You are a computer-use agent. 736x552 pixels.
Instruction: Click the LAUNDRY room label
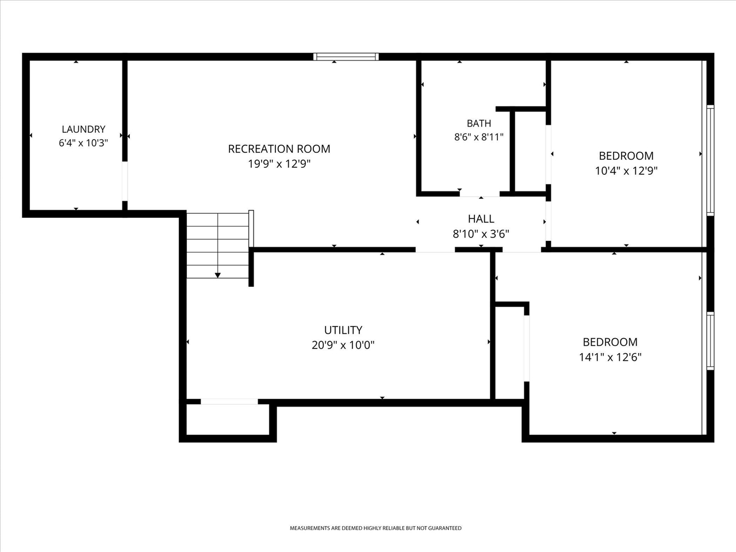pyautogui.click(x=83, y=129)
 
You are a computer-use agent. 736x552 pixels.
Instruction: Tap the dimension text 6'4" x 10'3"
pyautogui.click(x=83, y=143)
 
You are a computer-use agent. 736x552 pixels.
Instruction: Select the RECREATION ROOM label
pyautogui.click(x=279, y=149)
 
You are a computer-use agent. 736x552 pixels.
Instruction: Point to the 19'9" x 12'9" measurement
pyautogui.click(x=279, y=164)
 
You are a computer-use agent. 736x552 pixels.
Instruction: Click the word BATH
pyautogui.click(x=479, y=123)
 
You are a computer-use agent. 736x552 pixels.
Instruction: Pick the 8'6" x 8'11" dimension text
pyautogui.click(x=479, y=137)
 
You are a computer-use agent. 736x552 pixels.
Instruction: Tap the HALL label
pyautogui.click(x=481, y=219)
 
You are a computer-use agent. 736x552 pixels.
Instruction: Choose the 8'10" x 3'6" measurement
pyautogui.click(x=481, y=233)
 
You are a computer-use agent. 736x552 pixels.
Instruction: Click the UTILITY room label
pyautogui.click(x=343, y=330)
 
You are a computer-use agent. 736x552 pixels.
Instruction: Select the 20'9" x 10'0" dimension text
pyautogui.click(x=343, y=345)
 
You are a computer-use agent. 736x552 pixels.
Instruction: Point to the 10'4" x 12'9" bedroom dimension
pyautogui.click(x=626, y=171)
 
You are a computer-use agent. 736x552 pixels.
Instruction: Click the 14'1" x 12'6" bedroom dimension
pyautogui.click(x=610, y=357)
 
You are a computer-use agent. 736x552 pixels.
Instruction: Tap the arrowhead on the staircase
pyautogui.click(x=217, y=275)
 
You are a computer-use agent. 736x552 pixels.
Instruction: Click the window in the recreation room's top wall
pyautogui.click(x=346, y=57)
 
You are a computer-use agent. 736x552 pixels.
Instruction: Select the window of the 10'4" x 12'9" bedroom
pyautogui.click(x=710, y=160)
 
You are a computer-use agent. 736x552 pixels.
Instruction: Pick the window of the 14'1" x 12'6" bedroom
pyautogui.click(x=710, y=341)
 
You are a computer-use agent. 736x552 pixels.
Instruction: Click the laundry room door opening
pyautogui.click(x=125, y=181)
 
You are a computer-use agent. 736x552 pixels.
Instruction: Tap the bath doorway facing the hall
pyautogui.click(x=480, y=194)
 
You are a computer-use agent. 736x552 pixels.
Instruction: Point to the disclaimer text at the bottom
pyautogui.click(x=375, y=528)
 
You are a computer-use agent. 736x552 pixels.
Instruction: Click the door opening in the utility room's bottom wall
pyautogui.click(x=229, y=401)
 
